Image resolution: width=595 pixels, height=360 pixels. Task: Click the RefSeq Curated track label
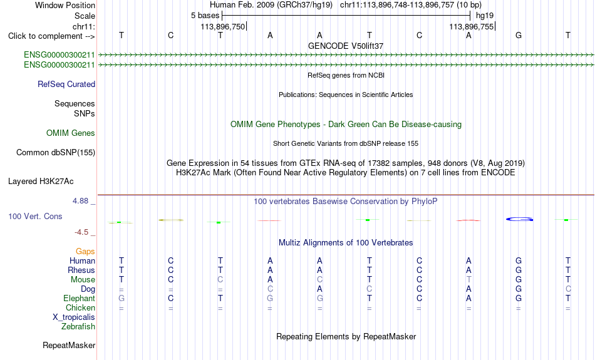coord(66,85)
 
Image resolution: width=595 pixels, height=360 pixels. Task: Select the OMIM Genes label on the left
coord(71,133)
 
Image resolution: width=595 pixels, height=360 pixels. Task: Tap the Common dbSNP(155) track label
coord(56,153)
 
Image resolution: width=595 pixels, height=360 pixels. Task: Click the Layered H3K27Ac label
coord(41,182)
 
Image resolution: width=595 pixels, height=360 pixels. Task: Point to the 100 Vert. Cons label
coord(35,216)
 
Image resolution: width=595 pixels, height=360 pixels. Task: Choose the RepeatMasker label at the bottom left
coord(69,345)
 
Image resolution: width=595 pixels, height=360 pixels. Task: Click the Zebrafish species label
coord(78,326)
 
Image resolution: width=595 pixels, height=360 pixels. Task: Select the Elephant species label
coord(80,298)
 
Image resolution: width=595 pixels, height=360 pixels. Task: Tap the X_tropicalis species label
coord(74,317)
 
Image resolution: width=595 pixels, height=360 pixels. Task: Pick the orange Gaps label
coord(85,251)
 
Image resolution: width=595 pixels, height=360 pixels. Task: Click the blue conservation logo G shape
coord(519,219)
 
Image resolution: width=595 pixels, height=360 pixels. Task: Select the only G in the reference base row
coord(519,35)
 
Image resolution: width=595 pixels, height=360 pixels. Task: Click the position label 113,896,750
coord(223,27)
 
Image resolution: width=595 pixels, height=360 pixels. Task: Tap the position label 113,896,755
coord(471,27)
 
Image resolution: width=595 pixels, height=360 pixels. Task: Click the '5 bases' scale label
coord(205,16)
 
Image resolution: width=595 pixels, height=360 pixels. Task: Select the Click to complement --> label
coord(51,36)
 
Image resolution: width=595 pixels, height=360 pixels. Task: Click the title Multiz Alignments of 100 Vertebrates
coord(346,243)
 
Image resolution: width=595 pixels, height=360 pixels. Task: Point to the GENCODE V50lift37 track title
coord(346,46)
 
